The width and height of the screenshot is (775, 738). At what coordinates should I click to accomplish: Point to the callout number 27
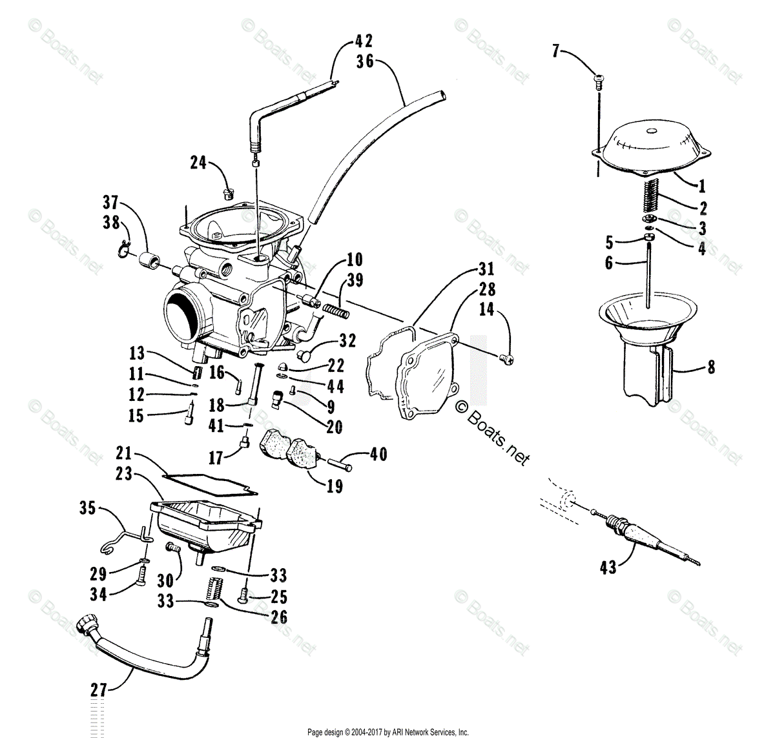pos(98,690)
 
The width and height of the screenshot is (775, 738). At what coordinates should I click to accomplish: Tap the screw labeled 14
pos(507,357)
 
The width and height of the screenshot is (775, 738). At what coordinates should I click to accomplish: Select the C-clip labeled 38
pos(123,249)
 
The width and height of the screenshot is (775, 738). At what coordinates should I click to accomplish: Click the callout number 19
pos(335,486)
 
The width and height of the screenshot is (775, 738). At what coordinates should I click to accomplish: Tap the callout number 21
pos(124,452)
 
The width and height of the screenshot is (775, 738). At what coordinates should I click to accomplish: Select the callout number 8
pos(711,367)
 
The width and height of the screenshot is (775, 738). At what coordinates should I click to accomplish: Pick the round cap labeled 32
pos(305,354)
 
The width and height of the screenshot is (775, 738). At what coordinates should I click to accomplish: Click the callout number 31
pos(486,269)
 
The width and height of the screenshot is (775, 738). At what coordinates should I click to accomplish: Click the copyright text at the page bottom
pos(387,732)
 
